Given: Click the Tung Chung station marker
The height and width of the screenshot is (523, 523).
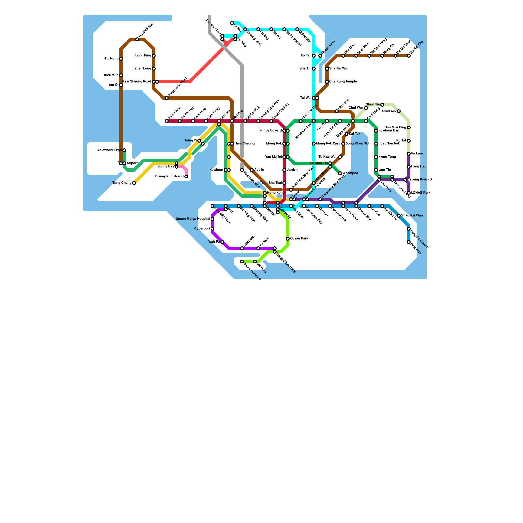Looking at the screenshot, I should coord(134,183).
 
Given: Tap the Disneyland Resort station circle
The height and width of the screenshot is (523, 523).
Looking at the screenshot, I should coord(186,177).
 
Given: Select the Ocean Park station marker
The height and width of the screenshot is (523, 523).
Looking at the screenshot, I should coord(288,239).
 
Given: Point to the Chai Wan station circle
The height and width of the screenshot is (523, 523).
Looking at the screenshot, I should coord(409,242).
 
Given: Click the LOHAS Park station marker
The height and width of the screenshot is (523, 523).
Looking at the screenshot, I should coord(409,193).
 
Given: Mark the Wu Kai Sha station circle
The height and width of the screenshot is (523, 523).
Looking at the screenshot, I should coord(409,56).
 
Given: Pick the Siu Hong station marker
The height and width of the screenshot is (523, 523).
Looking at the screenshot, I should coord(121,59).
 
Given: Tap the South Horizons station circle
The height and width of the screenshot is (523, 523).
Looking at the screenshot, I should coord(242,261).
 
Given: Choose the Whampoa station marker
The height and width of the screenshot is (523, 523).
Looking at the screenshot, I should coord(340,173).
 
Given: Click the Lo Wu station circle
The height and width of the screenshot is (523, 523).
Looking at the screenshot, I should coord(232,23).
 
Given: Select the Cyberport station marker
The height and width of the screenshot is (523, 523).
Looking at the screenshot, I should coord(212,229).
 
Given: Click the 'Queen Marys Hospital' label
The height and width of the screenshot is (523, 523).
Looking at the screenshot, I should coord(193,219).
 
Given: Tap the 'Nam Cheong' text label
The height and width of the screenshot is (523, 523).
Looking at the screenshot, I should coord(245,144).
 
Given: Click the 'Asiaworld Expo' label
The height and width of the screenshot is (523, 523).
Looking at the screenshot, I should coord(110,150).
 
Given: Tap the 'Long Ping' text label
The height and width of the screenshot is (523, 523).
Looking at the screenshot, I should coord(143,56).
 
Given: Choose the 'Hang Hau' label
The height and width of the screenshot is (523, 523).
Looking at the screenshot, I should coord(419,167).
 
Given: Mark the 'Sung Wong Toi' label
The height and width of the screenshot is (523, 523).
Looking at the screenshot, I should coord(357,144).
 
